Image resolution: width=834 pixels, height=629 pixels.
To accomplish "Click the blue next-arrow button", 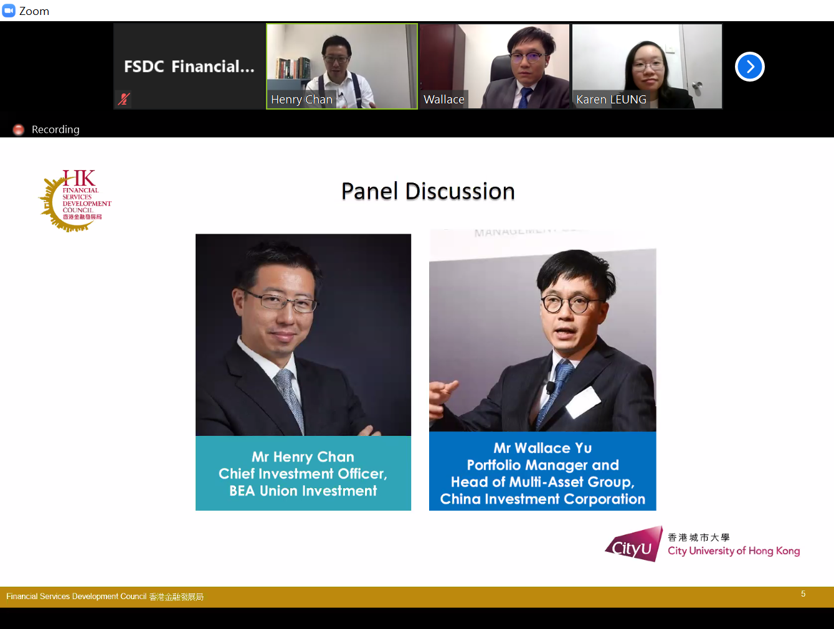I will point(749,67).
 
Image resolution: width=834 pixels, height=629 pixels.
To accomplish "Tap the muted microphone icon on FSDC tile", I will point(124,98).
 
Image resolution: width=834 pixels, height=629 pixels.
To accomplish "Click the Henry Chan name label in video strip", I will point(301,100).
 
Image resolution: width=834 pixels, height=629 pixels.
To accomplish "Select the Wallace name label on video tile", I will point(443,100).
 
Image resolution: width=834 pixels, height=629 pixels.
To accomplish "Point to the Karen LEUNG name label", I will point(610,100).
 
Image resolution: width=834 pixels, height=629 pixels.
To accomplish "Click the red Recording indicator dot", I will point(19,130).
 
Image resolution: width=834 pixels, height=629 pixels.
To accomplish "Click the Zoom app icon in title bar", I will point(9,11).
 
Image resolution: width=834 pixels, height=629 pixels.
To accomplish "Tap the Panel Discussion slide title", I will point(428,191).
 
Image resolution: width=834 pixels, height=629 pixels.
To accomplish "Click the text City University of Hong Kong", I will point(733,551).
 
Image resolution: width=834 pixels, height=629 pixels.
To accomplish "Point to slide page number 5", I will point(803,594).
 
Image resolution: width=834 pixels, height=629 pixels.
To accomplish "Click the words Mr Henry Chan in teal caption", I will point(303,457).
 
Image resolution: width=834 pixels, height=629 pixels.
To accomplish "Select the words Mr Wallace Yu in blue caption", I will point(543,448).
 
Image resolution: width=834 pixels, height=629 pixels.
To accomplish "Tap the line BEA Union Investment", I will point(303,491).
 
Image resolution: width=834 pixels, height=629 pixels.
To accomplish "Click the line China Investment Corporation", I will point(543,499).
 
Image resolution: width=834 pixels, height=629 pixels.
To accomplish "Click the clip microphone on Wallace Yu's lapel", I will point(551,387).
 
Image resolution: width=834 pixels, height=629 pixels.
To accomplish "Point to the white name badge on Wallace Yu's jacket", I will point(582,400).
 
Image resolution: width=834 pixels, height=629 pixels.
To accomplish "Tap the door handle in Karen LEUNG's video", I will point(697,86).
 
